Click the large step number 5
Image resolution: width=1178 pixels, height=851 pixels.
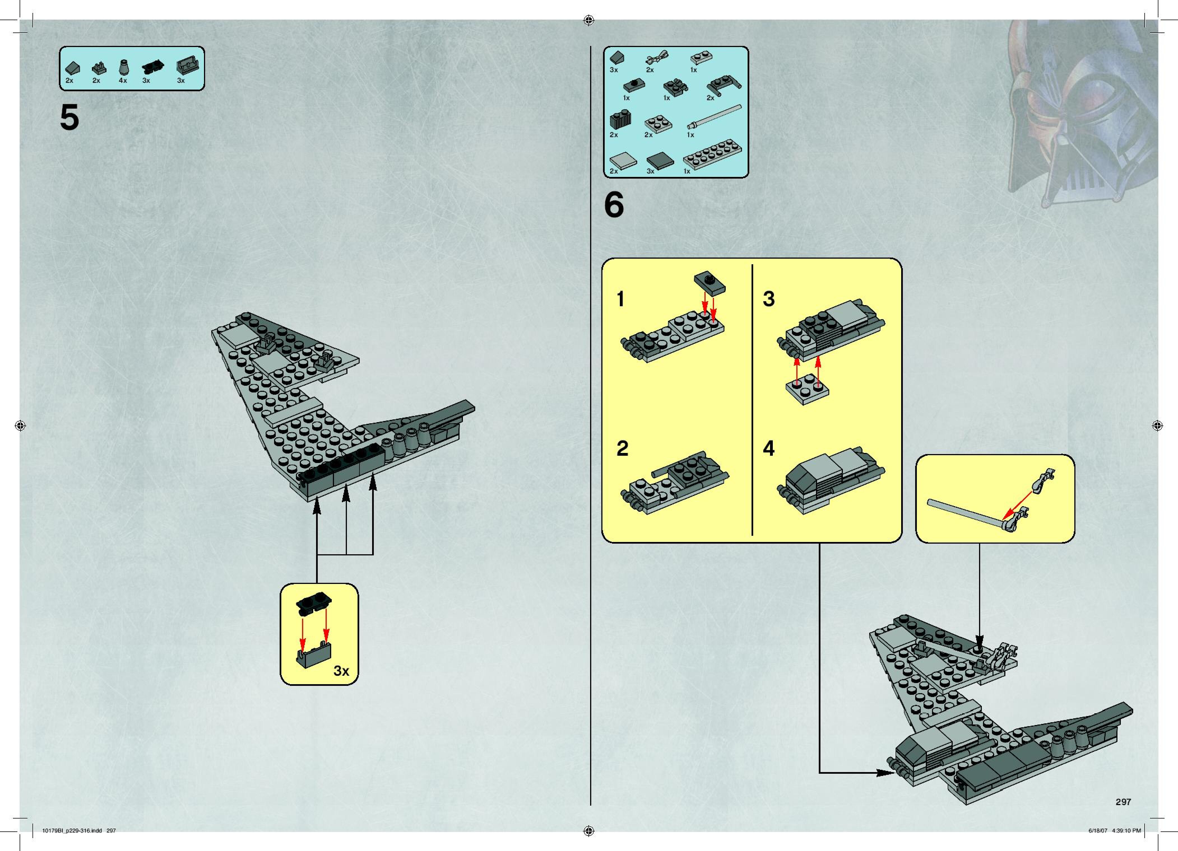(69, 118)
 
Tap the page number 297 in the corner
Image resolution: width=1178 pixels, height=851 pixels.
(1123, 802)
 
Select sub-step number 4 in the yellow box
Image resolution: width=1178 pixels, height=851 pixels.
(769, 448)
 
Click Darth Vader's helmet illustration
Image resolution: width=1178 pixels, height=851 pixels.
(1080, 114)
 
